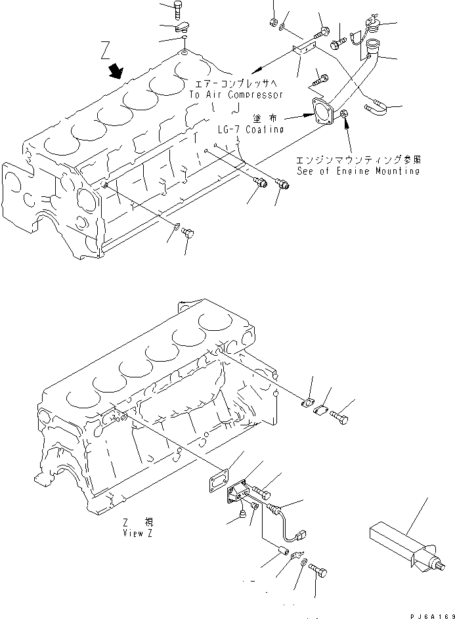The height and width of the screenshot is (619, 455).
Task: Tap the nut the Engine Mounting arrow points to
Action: pos(344,117)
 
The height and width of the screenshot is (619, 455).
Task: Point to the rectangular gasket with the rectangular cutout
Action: pos(215,480)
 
